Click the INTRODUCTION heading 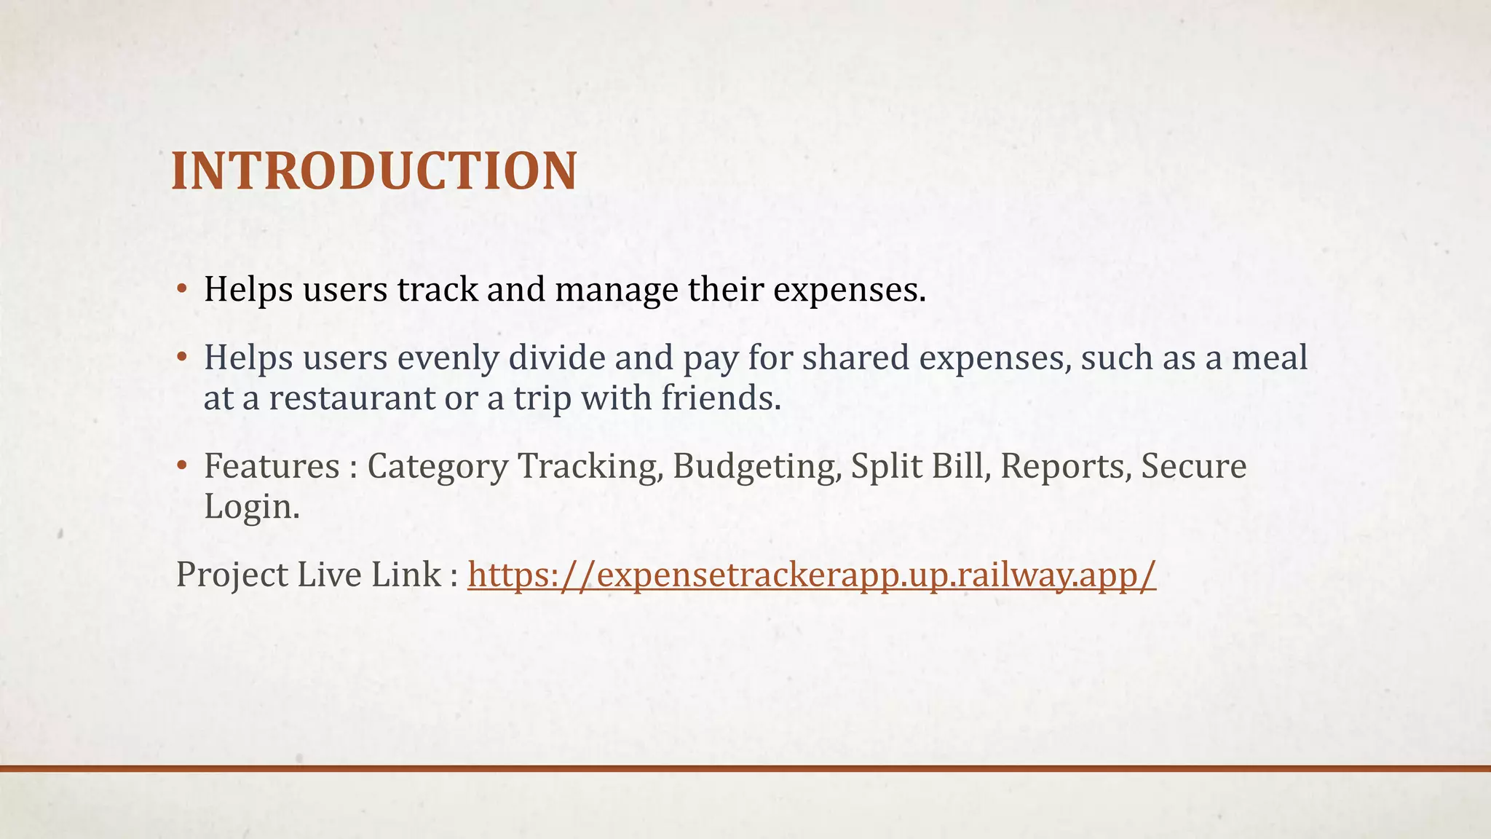374,172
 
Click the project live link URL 811,575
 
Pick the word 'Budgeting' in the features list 755,467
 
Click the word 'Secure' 1193,466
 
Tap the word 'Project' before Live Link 232,575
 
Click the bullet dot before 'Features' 182,466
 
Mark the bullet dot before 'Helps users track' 182,290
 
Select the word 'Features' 272,466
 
